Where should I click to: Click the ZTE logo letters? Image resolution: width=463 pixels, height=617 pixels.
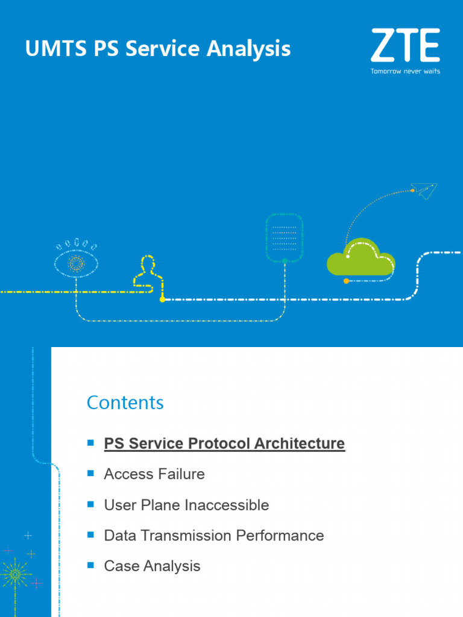405,45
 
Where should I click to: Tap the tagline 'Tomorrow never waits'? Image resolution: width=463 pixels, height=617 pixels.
405,71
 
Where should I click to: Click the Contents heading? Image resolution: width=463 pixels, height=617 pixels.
125,402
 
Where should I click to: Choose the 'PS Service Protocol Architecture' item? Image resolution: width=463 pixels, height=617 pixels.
224,443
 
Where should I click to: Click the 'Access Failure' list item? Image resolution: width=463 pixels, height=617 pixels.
154,474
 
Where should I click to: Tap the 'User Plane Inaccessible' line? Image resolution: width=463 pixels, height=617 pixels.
186,505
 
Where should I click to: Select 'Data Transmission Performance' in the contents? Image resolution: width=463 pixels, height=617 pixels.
214,535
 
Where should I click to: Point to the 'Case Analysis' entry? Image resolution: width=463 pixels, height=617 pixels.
152,566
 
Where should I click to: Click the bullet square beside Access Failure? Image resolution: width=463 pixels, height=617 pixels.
91,474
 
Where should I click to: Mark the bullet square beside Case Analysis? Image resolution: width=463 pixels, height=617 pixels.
91,565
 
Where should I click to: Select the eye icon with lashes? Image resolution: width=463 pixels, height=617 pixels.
76,262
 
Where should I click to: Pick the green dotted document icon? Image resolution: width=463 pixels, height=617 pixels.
285,236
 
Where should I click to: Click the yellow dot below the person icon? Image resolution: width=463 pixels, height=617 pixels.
162,299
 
